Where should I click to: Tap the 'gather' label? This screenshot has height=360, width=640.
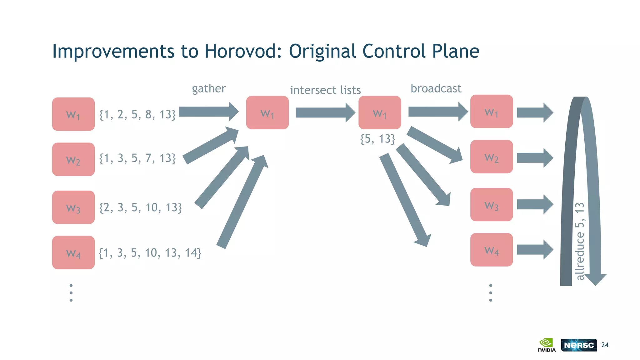(208, 89)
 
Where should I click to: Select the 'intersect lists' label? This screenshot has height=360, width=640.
(325, 90)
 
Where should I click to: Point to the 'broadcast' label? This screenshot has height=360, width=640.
(436, 88)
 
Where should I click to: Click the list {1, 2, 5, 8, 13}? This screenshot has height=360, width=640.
(137, 114)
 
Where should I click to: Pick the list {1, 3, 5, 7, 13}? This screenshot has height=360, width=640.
(137, 158)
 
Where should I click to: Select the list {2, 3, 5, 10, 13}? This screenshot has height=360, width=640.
(140, 207)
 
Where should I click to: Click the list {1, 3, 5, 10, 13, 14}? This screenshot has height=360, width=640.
(150, 252)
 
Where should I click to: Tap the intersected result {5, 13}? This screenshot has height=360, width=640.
(377, 139)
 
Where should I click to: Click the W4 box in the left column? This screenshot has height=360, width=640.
(73, 252)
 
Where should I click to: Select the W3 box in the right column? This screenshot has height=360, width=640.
(492, 205)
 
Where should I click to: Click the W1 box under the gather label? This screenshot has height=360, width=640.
(267, 112)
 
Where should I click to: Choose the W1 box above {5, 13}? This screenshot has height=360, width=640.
(380, 112)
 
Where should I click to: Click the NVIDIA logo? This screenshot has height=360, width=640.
(547, 345)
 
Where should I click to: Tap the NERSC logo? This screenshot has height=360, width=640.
(579, 345)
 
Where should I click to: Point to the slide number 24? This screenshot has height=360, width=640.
(605, 345)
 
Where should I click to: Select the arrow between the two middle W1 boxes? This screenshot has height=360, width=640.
(325, 112)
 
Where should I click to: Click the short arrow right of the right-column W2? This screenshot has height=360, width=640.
(535, 158)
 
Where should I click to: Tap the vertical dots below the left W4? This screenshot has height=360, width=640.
(71, 293)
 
